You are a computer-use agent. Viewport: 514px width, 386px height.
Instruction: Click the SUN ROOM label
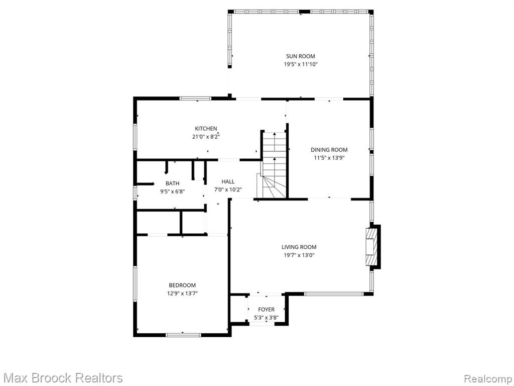(x=300, y=56)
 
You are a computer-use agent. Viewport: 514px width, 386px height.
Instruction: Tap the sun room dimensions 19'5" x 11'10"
(x=301, y=64)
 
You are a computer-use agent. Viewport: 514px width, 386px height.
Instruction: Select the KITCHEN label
(x=206, y=128)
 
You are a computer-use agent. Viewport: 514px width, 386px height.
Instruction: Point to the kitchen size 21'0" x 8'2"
(x=206, y=137)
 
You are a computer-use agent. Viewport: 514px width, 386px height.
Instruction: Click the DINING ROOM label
(x=329, y=150)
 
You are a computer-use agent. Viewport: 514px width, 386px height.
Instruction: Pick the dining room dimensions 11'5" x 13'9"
(x=329, y=157)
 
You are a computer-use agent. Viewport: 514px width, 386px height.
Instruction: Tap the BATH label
(x=173, y=183)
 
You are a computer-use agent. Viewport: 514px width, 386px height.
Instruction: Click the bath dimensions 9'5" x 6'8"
(x=173, y=191)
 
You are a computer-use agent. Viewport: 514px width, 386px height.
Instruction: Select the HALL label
(x=228, y=181)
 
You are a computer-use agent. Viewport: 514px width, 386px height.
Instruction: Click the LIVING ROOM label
(x=299, y=247)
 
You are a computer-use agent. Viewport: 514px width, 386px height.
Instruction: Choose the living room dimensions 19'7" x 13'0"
(x=299, y=255)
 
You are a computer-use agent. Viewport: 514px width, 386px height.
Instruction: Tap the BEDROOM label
(x=182, y=285)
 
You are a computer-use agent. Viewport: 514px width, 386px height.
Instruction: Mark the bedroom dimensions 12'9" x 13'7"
(x=182, y=293)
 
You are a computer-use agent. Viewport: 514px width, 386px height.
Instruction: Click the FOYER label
(x=266, y=309)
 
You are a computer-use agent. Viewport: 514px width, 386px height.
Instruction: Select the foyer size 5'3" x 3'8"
(x=266, y=318)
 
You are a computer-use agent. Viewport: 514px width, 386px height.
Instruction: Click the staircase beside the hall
(x=274, y=165)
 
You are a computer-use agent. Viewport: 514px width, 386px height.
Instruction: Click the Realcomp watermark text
(x=487, y=378)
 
